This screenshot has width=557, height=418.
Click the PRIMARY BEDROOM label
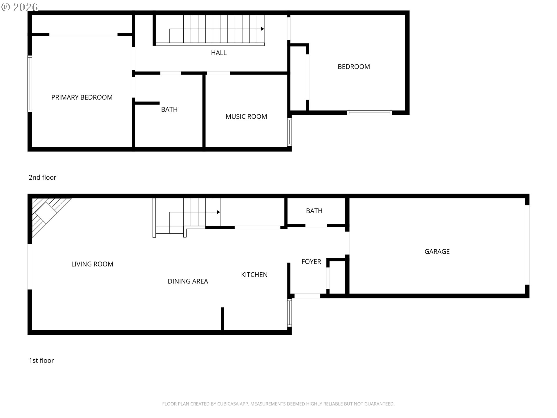(82, 97)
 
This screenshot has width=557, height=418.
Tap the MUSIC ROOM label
(246, 116)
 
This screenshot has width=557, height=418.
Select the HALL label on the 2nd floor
(219, 53)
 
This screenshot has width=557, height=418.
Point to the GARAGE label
(437, 251)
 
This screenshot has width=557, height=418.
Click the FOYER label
(311, 262)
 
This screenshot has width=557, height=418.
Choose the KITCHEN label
(254, 275)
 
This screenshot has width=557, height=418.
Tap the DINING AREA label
(188, 281)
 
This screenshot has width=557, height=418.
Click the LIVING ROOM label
(92, 264)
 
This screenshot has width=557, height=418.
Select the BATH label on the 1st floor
(314, 211)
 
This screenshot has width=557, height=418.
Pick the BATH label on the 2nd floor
(169, 109)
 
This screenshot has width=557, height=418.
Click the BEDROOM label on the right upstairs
(354, 66)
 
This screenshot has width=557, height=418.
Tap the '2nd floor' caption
(42, 177)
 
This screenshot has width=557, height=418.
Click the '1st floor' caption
(41, 361)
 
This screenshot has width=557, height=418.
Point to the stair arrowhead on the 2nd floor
(263, 29)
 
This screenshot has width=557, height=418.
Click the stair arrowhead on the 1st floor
(218, 212)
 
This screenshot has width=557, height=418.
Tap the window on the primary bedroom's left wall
(30, 84)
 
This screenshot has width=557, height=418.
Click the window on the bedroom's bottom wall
(370, 113)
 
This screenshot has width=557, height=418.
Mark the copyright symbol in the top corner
(6, 7)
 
